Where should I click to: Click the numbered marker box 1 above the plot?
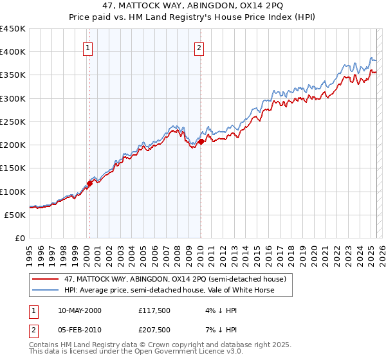pos(87,47)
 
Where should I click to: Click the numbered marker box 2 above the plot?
pos(199,47)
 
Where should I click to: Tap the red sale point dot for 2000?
pos(90,183)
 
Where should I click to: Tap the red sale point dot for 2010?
pos(201,141)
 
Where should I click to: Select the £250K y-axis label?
pos(13,122)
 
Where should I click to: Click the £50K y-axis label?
pos(15,215)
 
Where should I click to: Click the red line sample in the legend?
pos(46,279)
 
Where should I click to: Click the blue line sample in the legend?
pos(46,290)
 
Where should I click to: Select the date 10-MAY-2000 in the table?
pos(80,310)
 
